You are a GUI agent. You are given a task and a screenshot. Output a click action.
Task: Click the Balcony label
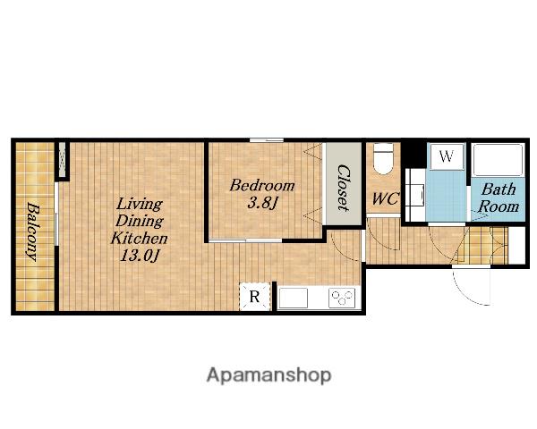[x=32, y=231]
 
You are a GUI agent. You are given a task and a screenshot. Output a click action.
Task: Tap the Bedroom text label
[x=262, y=186]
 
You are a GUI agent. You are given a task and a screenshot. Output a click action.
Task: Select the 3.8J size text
[x=261, y=204]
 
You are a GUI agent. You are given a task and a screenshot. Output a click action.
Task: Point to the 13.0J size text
[x=140, y=256]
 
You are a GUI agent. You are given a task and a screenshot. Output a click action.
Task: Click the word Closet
[x=344, y=188]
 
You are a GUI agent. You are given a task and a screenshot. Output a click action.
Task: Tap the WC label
[x=385, y=198]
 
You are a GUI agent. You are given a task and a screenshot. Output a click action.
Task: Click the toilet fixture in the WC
[x=383, y=158]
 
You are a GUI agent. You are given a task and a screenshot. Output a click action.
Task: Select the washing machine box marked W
[x=447, y=156]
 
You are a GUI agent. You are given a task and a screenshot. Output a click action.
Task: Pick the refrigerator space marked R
[x=254, y=296]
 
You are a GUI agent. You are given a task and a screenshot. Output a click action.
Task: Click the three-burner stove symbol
[x=342, y=298]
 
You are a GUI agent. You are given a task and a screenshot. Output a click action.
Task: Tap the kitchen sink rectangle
[x=294, y=298]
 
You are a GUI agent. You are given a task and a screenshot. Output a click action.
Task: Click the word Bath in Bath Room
[x=499, y=189]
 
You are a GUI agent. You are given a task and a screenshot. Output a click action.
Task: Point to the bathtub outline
[x=498, y=160]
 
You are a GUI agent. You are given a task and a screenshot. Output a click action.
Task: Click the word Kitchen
[x=139, y=239]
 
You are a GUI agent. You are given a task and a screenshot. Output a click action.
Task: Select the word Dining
[x=140, y=222]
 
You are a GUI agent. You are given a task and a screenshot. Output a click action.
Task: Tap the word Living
[x=139, y=205]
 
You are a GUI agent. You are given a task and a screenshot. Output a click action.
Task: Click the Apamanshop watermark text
[x=268, y=375]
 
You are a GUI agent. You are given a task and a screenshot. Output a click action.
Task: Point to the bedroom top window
[x=267, y=140]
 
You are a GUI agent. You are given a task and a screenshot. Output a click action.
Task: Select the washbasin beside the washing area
[x=414, y=195]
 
